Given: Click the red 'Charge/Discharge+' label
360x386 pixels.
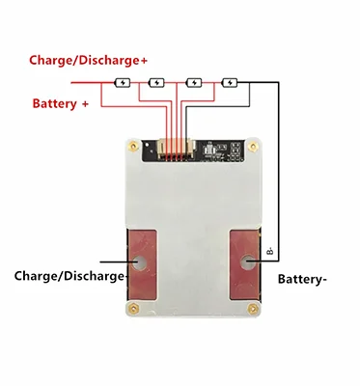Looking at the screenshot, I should (x=88, y=60).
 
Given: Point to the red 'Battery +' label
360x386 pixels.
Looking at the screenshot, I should (x=61, y=102).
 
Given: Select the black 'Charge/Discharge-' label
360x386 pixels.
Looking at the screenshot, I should (x=70, y=276).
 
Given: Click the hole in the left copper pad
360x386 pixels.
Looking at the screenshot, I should (x=142, y=261).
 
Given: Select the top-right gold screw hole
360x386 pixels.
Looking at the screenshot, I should (x=253, y=148).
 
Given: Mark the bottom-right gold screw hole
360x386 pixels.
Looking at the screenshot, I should (x=254, y=312).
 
